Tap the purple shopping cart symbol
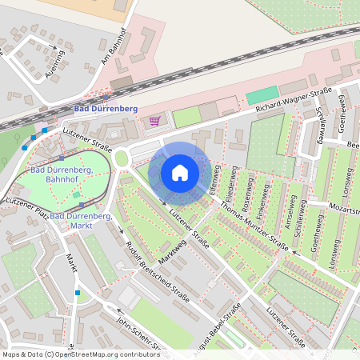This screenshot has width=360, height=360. pyautogui.click(x=154, y=121)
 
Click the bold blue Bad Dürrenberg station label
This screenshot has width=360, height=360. pyautogui.click(x=106, y=109)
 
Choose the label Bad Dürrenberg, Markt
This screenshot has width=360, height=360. pyautogui.click(x=81, y=221)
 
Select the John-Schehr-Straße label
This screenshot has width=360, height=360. pyautogui.click(x=129, y=334)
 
